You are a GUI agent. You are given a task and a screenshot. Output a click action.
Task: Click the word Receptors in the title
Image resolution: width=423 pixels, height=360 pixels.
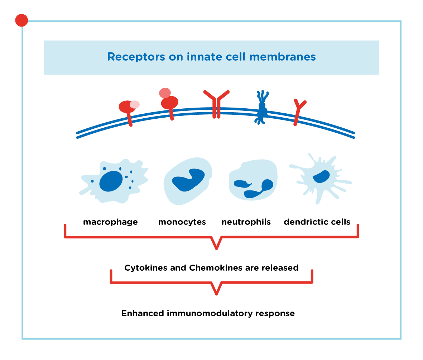tap(136, 57)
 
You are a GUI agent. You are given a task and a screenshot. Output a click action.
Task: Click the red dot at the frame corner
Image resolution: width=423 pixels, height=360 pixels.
tap(21, 20)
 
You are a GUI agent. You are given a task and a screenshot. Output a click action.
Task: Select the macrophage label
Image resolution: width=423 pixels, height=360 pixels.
tap(110, 222)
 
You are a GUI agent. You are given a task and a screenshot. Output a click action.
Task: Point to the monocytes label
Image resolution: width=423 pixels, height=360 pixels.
tap(182, 222)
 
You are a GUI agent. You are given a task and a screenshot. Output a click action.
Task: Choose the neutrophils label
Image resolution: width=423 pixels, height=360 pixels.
tap(246, 222)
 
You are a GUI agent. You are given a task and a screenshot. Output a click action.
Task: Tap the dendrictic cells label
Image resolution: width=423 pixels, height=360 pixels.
tap(317, 222)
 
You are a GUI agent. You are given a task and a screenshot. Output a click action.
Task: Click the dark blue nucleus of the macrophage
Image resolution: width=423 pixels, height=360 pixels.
tap(111, 181)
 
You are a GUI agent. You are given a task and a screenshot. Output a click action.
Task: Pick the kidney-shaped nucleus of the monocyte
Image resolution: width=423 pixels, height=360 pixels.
tap(188, 180)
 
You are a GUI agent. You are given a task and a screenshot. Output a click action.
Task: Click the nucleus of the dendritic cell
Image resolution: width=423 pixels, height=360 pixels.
tap(321, 177)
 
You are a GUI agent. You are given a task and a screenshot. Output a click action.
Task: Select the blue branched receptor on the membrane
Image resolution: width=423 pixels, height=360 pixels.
tap(261, 107)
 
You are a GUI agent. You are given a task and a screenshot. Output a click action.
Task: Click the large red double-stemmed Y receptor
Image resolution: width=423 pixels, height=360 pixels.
tap(216, 104)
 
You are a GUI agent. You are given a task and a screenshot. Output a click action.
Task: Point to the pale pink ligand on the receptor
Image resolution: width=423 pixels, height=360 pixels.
tap(135, 104)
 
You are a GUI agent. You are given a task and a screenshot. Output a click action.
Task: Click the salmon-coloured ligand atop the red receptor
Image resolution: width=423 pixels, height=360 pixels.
tap(165, 93)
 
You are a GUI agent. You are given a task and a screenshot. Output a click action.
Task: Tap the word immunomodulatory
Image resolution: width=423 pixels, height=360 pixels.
tap(210, 313)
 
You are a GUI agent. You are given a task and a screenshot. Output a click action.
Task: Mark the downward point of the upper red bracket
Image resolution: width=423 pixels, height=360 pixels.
tap(216, 249)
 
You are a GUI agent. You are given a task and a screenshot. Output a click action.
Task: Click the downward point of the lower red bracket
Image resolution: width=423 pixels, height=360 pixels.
tap(216, 294)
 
